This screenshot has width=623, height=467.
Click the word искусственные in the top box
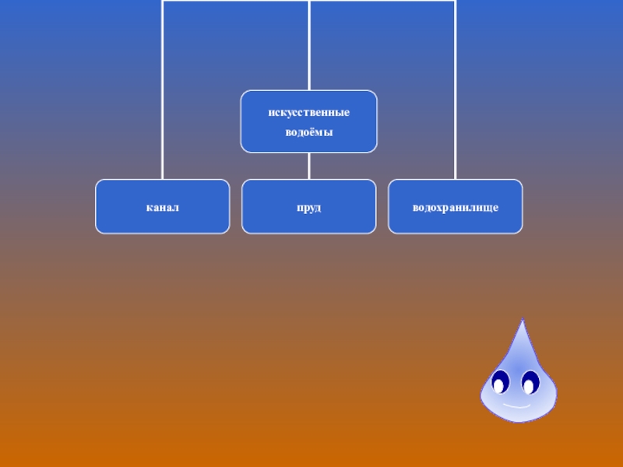[x=308, y=113]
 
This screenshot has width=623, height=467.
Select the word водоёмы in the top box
[x=308, y=132]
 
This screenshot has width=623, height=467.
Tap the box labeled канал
[x=163, y=207]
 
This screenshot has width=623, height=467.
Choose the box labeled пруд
[x=308, y=207]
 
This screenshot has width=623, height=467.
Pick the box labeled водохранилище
[x=456, y=207]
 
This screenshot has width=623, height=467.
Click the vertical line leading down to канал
[x=163, y=93]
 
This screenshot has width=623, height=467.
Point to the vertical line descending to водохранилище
[x=456, y=93]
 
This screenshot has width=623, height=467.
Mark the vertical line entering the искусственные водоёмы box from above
[x=309, y=47]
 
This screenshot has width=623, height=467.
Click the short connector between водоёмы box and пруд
[x=309, y=166]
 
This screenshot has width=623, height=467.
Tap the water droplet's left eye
[x=500, y=382]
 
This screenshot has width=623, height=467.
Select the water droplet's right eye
[x=531, y=383]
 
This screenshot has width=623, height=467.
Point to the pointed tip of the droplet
[x=522, y=321]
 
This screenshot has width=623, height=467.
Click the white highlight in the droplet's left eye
[x=498, y=385]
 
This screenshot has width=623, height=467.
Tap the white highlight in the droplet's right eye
[x=529, y=386]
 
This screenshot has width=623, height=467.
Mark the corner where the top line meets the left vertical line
[x=163, y=2]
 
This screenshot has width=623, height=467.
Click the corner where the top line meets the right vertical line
[x=456, y=2]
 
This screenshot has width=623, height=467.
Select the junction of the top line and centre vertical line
[x=309, y=2]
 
